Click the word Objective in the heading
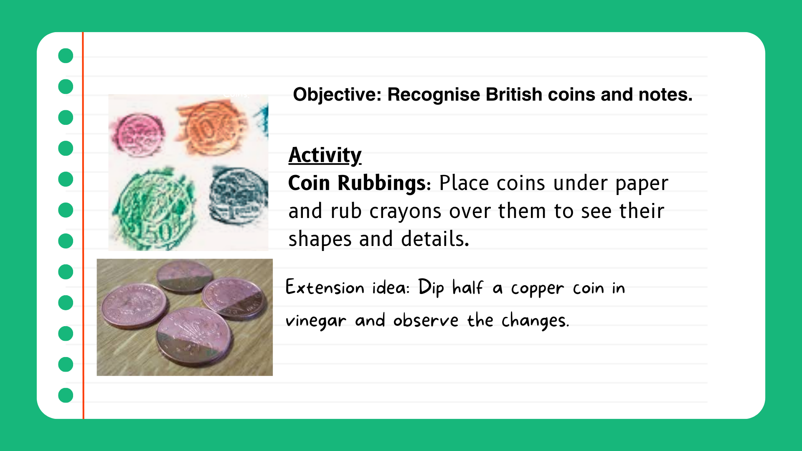pos(337,95)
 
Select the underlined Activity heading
pos(325,155)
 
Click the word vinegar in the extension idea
pos(316,321)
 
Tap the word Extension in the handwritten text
pos(325,287)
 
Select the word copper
pos(537,289)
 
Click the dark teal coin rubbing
pos(238,195)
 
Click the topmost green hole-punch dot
pos(66,56)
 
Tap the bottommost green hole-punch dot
pos(66,395)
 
